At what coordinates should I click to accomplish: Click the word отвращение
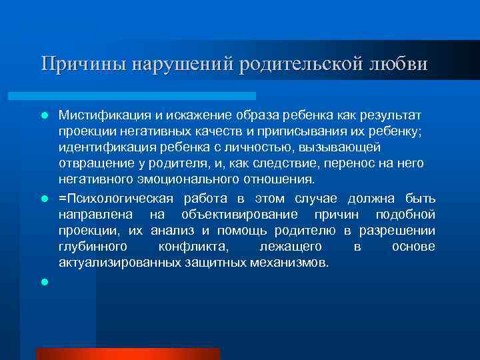[93, 163]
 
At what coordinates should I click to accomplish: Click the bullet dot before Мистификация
[45, 115]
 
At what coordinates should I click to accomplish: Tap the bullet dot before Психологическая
[45, 199]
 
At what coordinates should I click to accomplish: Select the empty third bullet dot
[45, 282]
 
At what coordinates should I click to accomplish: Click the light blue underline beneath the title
[147, 96]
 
